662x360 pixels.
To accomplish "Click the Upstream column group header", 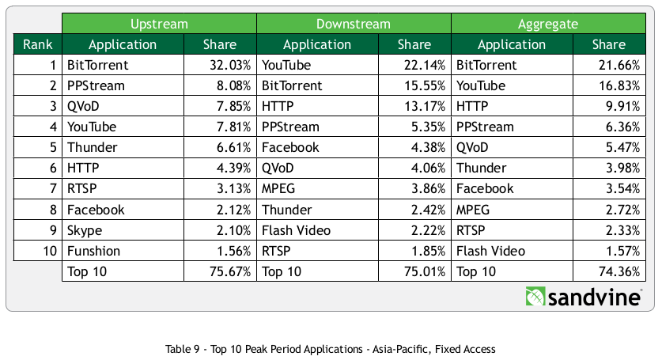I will click(x=160, y=24).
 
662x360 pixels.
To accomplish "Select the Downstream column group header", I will click(x=354, y=24).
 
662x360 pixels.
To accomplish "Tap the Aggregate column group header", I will click(x=548, y=24).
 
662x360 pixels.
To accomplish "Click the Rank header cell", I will click(x=38, y=44).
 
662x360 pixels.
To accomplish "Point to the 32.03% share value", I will click(x=230, y=65).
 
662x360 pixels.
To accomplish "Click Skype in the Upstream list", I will click(x=85, y=230).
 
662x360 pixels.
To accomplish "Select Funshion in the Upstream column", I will click(x=93, y=251).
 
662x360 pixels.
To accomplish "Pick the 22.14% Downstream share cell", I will click(x=424, y=65).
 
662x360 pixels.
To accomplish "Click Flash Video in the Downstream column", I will click(x=296, y=230).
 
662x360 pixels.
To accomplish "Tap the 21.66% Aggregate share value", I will click(x=618, y=65).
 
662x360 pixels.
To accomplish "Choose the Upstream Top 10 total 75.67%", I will click(x=230, y=271).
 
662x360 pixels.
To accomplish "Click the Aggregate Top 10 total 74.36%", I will click(x=618, y=271).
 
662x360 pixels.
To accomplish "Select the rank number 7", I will click(x=52, y=189).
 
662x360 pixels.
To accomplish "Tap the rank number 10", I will click(x=48, y=251).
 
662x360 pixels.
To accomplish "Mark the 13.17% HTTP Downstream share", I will click(x=424, y=106).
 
